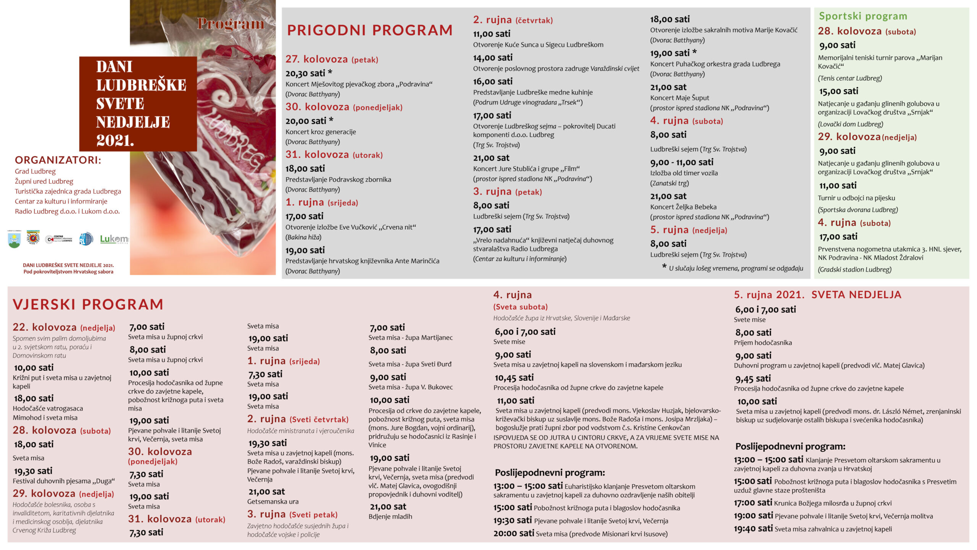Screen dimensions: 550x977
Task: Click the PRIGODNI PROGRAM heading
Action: [x=369, y=30]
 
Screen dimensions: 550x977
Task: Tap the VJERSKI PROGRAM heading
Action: [x=88, y=304]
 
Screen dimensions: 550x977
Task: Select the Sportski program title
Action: [x=863, y=16]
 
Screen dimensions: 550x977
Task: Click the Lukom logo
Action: [x=114, y=239]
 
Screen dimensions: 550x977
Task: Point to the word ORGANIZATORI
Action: [x=58, y=160]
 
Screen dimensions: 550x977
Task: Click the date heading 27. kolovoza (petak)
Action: [x=332, y=59]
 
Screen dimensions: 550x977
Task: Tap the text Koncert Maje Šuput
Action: [x=679, y=98]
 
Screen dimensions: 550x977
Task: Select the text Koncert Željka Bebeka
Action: [x=683, y=207]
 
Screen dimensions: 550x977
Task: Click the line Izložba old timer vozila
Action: [x=684, y=173]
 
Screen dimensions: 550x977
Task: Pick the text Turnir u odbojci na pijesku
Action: [x=856, y=198]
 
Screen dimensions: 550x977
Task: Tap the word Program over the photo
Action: [x=231, y=24]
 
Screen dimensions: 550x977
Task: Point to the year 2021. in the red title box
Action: [x=115, y=141]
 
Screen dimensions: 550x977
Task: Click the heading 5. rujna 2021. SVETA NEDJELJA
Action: [x=817, y=295]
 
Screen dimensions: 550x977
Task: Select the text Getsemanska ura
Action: [x=273, y=501]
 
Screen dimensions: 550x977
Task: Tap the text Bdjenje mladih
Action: [x=390, y=516]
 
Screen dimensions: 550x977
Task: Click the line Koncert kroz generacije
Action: [x=321, y=132]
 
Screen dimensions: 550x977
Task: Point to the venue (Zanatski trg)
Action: [x=669, y=183]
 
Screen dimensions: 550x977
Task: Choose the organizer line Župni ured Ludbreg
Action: [x=44, y=181]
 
